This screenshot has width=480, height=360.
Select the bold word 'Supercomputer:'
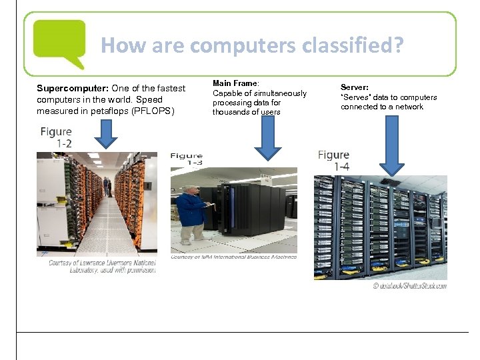click(73, 89)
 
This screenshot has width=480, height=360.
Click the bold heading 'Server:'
click(355, 87)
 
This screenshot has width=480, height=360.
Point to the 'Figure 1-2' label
click(56, 137)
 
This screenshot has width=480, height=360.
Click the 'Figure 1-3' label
click(187, 159)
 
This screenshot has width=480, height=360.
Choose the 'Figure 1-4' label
click(334, 161)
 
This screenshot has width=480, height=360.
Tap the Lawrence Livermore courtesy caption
click(102, 267)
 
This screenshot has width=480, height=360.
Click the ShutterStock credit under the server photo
click(409, 286)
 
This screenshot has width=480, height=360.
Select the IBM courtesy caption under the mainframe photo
click(233, 257)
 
